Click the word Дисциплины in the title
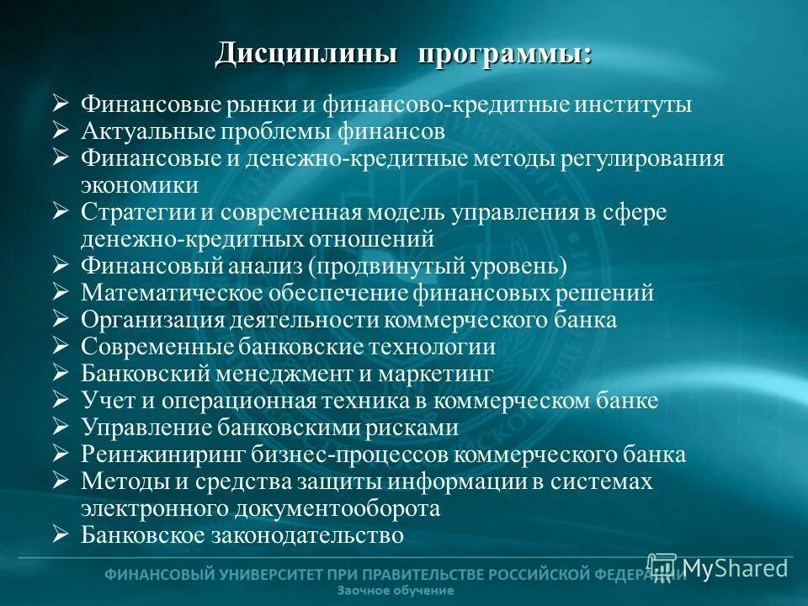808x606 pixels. pos(306,54)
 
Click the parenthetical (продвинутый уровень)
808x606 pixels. pos(437,266)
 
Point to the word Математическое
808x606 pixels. pos(171,293)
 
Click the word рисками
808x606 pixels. pos(412,428)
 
